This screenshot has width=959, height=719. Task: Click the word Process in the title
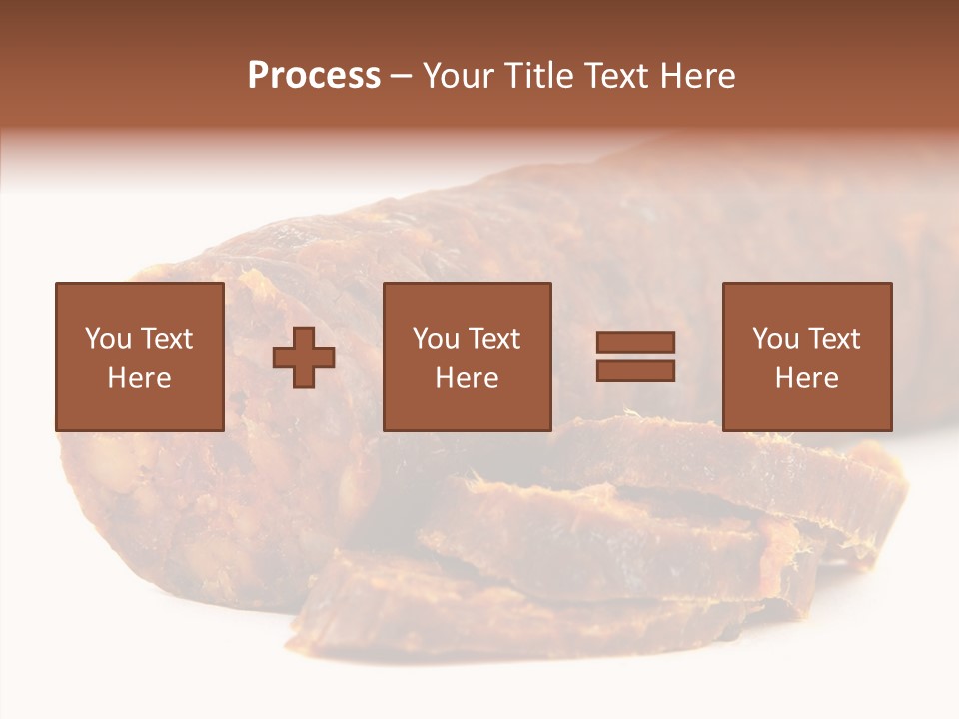[314, 76]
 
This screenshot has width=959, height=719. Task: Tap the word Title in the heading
[537, 76]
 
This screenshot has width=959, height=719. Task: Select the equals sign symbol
[635, 357]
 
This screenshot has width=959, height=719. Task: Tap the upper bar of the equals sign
[635, 343]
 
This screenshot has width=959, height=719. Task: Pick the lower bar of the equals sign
[635, 370]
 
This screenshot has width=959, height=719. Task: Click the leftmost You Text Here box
[140, 357]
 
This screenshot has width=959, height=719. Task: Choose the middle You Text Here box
[468, 357]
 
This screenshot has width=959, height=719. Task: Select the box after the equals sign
[807, 357]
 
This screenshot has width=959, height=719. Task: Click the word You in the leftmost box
[108, 339]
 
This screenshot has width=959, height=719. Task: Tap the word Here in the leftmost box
[140, 378]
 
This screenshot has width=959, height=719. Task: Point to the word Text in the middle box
[494, 339]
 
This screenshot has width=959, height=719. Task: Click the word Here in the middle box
[468, 378]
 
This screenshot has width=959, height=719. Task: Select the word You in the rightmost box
[775, 339]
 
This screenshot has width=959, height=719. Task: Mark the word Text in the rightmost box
[834, 339]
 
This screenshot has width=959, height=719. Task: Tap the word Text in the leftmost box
[167, 339]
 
